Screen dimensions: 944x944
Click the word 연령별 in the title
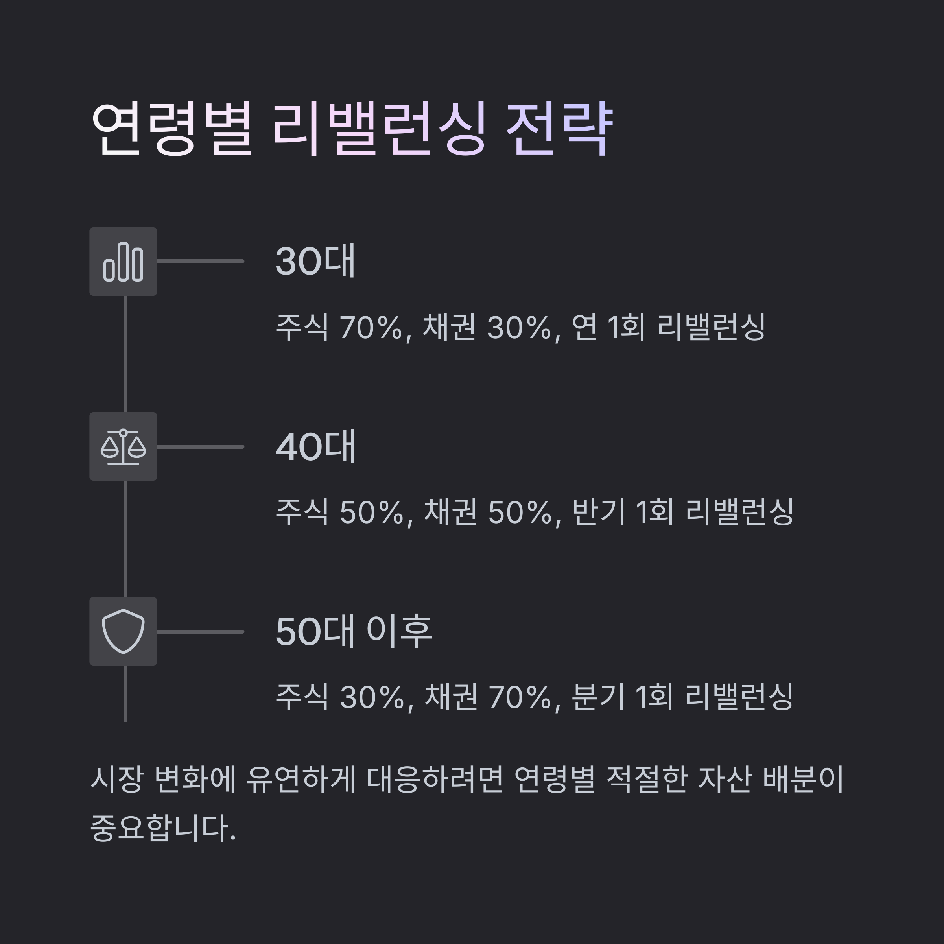[x=172, y=129]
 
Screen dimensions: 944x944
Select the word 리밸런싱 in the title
[x=379, y=129]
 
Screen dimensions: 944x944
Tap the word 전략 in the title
[x=559, y=129]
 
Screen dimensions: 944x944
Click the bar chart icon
[x=123, y=262]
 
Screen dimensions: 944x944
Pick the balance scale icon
[x=123, y=446]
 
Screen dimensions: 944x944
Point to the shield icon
[x=123, y=631]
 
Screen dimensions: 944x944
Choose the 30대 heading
[x=315, y=262]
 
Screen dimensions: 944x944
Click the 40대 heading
[x=315, y=446]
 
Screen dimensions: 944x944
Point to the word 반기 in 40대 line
[x=598, y=512]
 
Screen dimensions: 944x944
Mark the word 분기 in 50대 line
[x=598, y=697]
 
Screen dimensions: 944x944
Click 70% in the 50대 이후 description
[x=523, y=697]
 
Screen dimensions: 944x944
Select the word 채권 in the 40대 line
[x=450, y=512]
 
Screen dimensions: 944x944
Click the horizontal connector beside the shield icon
[x=200, y=632]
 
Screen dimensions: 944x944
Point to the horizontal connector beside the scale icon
[x=200, y=446]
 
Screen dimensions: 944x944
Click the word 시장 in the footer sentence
[x=117, y=779]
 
